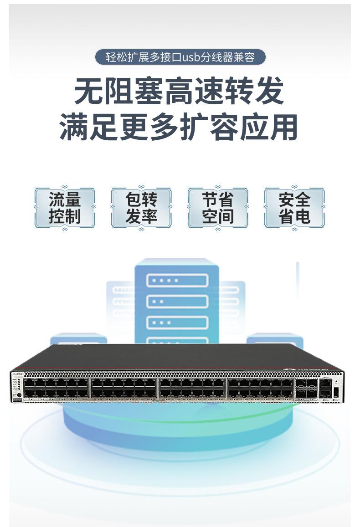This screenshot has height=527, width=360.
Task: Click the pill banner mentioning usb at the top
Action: point(180,57)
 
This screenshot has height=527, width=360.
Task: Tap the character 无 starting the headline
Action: point(89,91)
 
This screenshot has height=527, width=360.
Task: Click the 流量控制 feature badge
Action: point(65,208)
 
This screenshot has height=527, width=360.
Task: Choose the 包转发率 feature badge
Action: point(141,208)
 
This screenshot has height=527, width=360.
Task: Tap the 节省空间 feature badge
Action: point(218,208)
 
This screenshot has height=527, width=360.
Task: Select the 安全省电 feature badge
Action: point(294,208)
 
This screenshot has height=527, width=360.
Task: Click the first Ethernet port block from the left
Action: point(57,388)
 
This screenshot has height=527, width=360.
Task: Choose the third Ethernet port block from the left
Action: point(192,388)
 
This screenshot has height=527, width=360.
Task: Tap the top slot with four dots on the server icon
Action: point(177,280)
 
